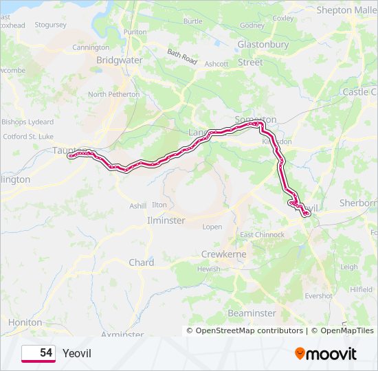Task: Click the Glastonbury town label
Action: [x=263, y=44]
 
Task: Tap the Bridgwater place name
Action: [x=119, y=60]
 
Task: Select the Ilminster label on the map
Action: [x=166, y=221]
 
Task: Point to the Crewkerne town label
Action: [x=223, y=254]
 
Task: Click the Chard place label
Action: [x=142, y=262]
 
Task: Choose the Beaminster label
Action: [x=252, y=313]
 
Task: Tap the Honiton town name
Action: [x=25, y=322]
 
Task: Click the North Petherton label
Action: [x=113, y=94]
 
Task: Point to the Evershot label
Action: [x=318, y=296]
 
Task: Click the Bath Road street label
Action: [x=182, y=56]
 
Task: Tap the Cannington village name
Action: [x=91, y=47]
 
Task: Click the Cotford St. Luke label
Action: [x=28, y=137]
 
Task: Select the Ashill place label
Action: [x=138, y=205]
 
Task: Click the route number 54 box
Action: [x=38, y=352]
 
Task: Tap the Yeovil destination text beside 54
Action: [x=76, y=353]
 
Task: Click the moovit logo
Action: [x=326, y=353]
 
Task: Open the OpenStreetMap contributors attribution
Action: [x=249, y=330]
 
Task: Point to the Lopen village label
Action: [x=212, y=227]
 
